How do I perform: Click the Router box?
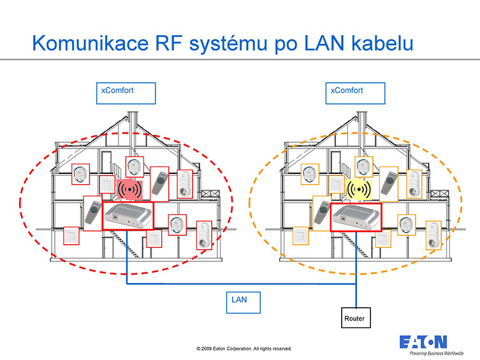pos(355,317)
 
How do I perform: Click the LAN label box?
pos(244,302)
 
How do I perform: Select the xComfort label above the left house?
pos(126,92)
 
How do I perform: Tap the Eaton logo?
pos(423,342)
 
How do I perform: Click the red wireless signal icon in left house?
pos(129,189)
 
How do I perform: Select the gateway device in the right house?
pos(355,216)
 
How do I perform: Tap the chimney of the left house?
pos(133,121)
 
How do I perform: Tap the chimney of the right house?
pos(361,121)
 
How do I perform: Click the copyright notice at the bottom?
pos(244,349)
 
